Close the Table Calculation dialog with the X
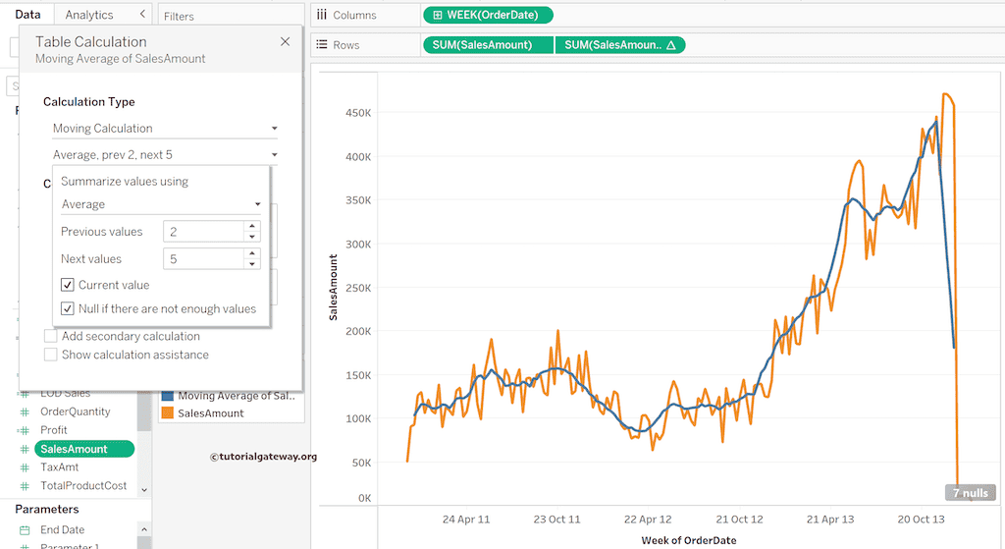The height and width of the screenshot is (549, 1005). point(285,42)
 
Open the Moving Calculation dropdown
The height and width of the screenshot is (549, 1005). point(165,129)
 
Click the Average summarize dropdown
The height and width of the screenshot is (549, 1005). point(161,204)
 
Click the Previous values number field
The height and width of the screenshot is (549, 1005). point(202,232)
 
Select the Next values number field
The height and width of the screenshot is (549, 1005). point(202,259)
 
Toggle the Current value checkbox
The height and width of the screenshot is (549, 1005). point(68,285)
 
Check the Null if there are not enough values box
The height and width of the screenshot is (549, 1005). point(68,308)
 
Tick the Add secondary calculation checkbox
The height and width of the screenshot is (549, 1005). point(51,336)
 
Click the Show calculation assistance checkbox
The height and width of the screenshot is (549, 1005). point(51,355)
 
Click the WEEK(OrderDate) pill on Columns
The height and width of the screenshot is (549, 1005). point(488,15)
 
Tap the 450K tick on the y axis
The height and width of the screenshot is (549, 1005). point(356,113)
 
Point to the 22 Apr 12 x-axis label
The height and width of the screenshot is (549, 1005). point(648,520)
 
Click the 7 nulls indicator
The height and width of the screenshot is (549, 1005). point(970,492)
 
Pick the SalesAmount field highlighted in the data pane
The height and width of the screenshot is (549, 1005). point(74,449)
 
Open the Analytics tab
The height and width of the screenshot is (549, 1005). point(89,15)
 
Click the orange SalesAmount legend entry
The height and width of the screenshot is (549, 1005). point(210,413)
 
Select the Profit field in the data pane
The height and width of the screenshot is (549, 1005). point(54,430)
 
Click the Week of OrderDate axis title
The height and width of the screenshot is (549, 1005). point(688,540)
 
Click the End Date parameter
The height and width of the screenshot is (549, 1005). point(62,530)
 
